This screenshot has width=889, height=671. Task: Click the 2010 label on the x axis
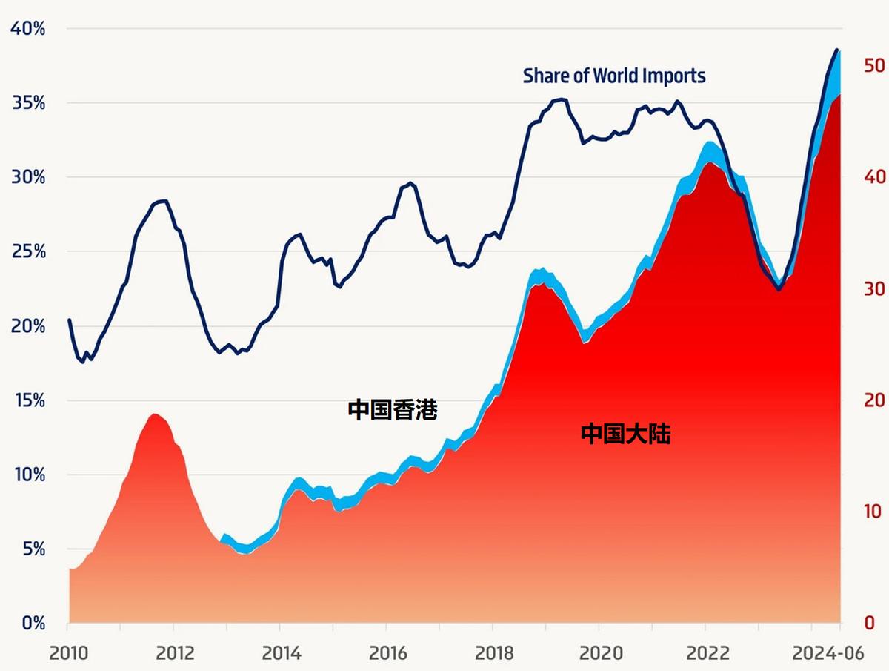[69, 653]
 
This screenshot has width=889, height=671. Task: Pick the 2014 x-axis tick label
[281, 653]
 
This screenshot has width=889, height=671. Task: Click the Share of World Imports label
[614, 76]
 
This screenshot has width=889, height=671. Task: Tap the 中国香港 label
[393, 410]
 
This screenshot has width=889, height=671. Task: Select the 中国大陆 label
[625, 434]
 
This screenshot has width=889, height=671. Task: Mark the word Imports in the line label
[673, 76]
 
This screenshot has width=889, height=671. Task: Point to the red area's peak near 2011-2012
[154, 414]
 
